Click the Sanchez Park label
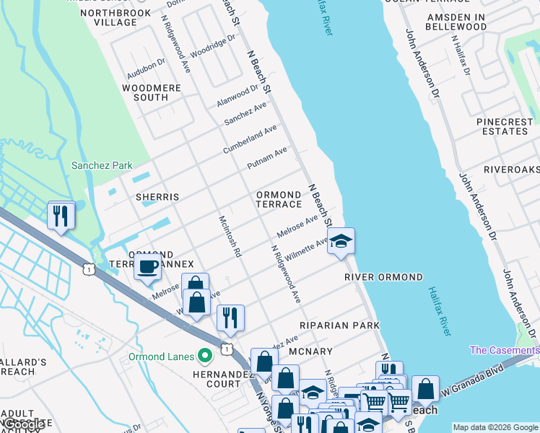tap(102, 165)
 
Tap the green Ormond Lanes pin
tap(206, 356)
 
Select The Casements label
tap(504, 350)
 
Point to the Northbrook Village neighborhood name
tap(109, 17)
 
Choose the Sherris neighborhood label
tap(157, 196)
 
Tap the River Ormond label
tap(383, 277)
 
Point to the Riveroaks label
tap(511, 169)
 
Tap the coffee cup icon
tap(148, 266)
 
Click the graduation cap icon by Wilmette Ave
tap(341, 241)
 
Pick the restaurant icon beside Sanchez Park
tap(61, 215)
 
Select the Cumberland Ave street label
tap(250, 139)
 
